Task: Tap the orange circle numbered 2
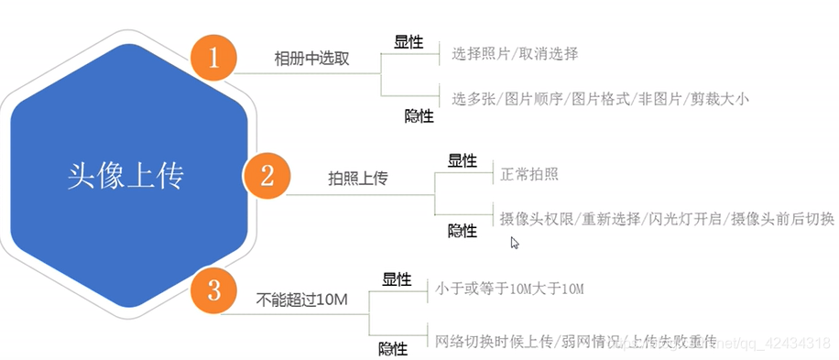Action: [x=267, y=173]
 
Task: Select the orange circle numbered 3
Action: [x=213, y=292]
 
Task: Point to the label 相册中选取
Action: [x=312, y=59]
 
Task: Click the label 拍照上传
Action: [x=357, y=178]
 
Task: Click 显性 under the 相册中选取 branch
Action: [x=409, y=41]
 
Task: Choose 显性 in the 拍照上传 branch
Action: [x=462, y=160]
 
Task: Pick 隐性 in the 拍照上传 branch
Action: [x=462, y=231]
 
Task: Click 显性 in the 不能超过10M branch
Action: [x=397, y=278]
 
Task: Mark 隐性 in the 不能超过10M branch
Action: [x=394, y=349]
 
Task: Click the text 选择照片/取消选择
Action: [x=515, y=54]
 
